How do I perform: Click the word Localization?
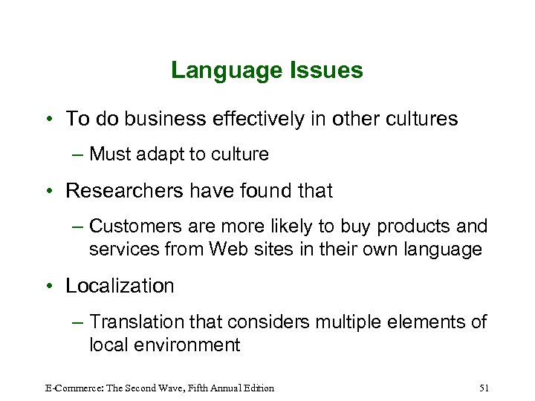click(120, 286)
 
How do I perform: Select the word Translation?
click(138, 322)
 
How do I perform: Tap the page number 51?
click(484, 388)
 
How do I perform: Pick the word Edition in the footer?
click(256, 388)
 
